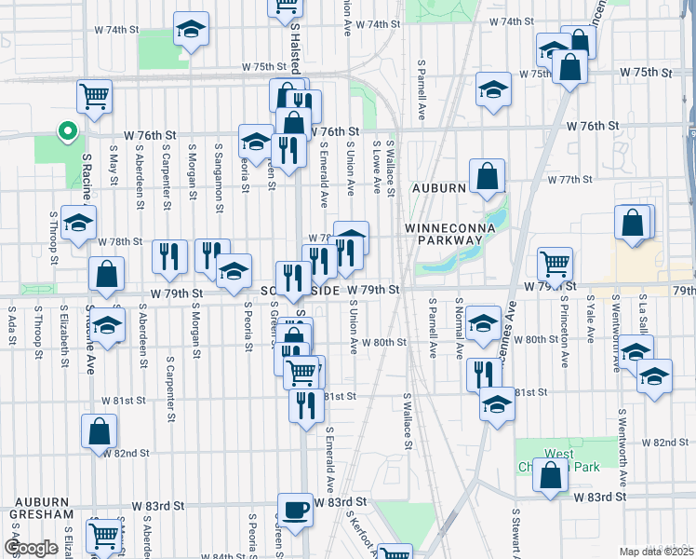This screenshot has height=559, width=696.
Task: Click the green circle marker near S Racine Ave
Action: click(x=66, y=131)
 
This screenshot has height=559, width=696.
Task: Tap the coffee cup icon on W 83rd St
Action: click(x=296, y=511)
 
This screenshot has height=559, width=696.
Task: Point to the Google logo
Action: click(x=31, y=548)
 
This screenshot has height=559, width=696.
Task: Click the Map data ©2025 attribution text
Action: click(x=657, y=552)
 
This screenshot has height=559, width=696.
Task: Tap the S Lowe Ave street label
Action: click(x=376, y=169)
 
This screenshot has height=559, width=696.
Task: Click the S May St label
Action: click(x=114, y=162)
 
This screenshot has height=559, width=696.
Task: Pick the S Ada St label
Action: click(x=12, y=326)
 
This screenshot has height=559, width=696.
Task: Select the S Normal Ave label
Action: click(x=460, y=326)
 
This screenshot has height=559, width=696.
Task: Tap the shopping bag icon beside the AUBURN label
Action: click(x=487, y=175)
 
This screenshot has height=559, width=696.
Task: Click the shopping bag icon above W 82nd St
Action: click(x=99, y=430)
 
